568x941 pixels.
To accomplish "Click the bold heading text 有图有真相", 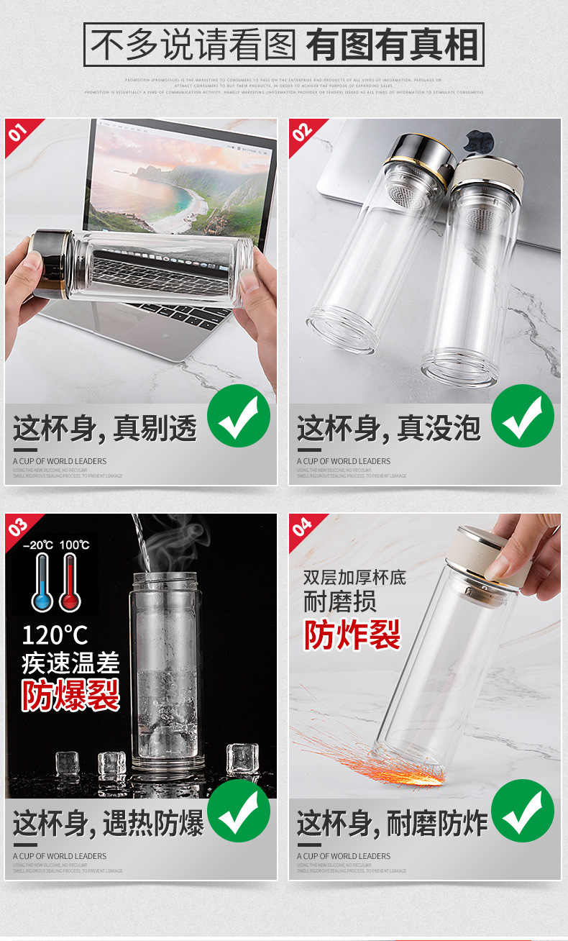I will [392, 45].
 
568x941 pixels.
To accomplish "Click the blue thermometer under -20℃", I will [42, 583].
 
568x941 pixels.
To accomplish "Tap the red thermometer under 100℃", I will [69, 583].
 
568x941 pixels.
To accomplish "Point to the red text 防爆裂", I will [70, 695].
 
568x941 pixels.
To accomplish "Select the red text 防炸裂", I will [352, 635].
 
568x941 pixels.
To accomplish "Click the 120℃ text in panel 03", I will [55, 635].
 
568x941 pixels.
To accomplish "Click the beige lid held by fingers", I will [489, 558].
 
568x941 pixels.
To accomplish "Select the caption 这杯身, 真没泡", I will [388, 429].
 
